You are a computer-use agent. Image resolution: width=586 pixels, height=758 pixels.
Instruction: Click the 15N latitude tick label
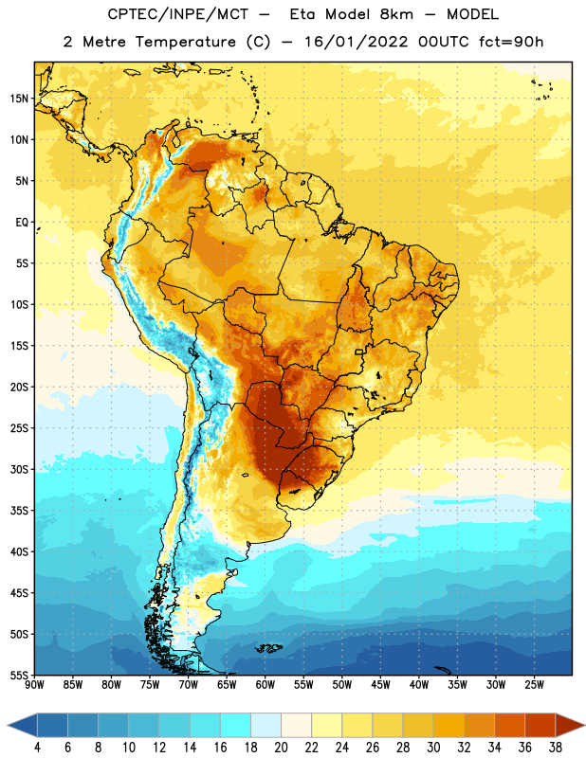19,99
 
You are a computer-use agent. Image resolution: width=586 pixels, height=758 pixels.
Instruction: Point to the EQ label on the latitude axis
22,223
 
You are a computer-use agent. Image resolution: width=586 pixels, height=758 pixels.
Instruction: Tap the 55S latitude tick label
19,675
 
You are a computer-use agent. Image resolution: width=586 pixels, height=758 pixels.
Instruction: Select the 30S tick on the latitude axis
19,469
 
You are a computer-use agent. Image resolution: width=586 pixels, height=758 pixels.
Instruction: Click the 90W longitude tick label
34,685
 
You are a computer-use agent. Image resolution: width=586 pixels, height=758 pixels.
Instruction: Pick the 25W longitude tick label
534,685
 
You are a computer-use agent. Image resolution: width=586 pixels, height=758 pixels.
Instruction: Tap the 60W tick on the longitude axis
266,685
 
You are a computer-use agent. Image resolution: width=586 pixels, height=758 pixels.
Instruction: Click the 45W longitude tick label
380,685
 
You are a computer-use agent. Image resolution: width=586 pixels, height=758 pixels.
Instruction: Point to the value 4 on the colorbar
37,748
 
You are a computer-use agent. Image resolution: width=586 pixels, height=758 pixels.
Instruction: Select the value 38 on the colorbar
555,748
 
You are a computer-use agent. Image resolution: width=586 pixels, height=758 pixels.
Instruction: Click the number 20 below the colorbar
281,748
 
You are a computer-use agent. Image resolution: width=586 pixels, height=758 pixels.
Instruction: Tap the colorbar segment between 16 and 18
236,726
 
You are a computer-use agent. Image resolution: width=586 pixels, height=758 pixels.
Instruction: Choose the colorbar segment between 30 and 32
449,726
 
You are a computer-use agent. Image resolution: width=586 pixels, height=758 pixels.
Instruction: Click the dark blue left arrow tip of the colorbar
9,726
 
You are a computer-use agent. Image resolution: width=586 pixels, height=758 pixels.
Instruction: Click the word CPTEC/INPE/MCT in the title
178,14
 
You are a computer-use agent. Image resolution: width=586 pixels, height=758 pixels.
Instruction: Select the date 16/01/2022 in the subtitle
357,42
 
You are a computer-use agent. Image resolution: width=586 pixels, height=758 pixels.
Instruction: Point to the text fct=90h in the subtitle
511,42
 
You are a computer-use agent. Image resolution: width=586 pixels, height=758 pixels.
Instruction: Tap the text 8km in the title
396,14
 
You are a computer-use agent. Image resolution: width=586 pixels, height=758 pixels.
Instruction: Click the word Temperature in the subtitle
185,42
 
